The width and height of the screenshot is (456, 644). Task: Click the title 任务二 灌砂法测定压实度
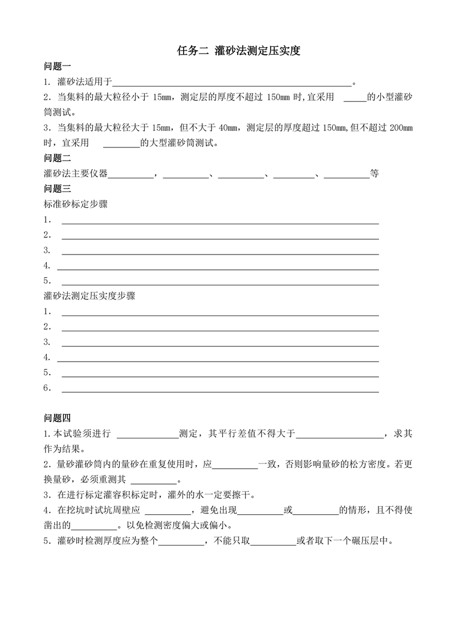pyautogui.click(x=239, y=51)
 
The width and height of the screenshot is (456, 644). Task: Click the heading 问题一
pyautogui.click(x=58, y=66)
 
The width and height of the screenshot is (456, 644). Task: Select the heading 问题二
pyautogui.click(x=58, y=158)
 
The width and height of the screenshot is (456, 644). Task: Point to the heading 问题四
pyautogui.click(x=58, y=419)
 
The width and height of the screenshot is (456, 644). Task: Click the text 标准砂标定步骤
pyautogui.click(x=76, y=204)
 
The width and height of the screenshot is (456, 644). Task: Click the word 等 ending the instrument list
pyautogui.click(x=374, y=174)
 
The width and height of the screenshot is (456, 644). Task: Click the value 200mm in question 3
pyautogui.click(x=402, y=128)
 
